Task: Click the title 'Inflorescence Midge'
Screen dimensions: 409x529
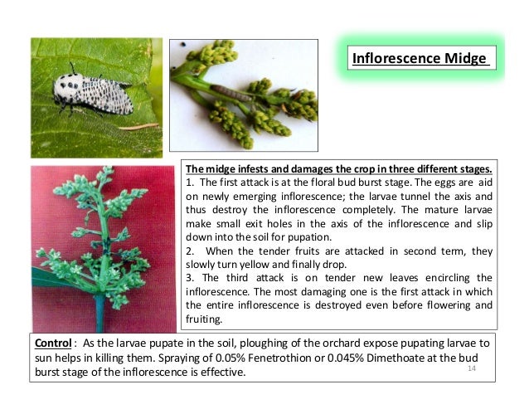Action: coord(420,59)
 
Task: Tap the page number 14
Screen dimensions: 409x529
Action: coord(473,368)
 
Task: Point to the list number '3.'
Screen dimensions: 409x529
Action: coord(190,277)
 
